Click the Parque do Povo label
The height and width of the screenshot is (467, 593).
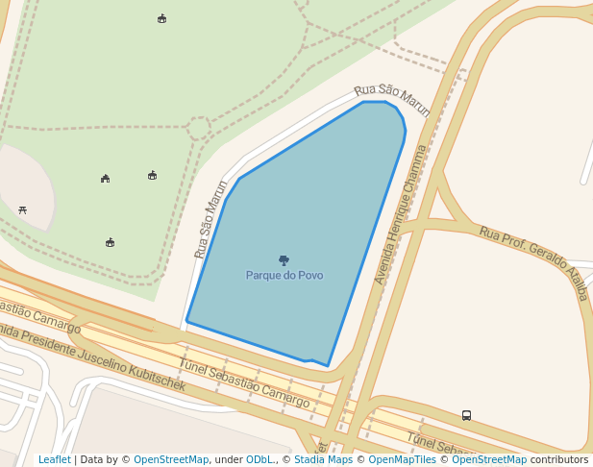click(x=284, y=276)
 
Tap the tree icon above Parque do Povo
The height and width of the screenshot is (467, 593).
click(x=284, y=260)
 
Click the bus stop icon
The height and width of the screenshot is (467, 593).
click(x=466, y=415)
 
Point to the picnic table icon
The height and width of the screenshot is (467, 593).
click(x=22, y=209)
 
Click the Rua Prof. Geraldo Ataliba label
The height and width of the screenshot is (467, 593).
click(x=533, y=263)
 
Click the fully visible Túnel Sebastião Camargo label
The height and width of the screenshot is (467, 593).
click(x=244, y=381)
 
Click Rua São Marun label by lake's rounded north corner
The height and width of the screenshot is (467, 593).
click(x=392, y=99)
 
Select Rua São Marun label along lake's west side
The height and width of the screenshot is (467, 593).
click(x=210, y=219)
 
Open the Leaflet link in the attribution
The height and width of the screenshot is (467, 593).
click(x=55, y=460)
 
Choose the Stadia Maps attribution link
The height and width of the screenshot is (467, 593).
click(x=323, y=460)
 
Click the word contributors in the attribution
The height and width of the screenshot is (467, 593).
click(x=558, y=460)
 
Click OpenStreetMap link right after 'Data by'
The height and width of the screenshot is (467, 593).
click(x=171, y=460)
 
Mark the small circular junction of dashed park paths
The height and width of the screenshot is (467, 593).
click(x=198, y=128)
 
